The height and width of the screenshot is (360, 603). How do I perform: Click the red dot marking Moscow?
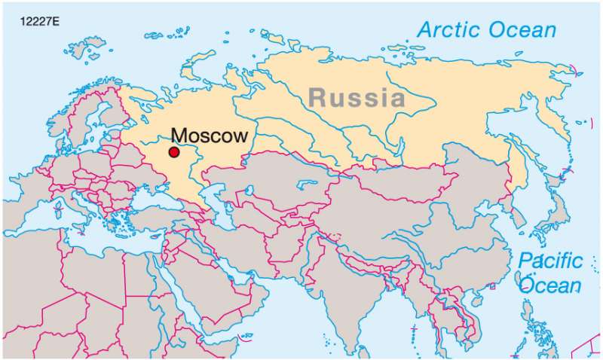[174, 152]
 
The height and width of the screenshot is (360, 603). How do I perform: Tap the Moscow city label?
[210, 136]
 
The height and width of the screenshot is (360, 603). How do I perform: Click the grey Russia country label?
[355, 97]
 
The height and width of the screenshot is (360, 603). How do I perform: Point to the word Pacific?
[550, 262]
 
